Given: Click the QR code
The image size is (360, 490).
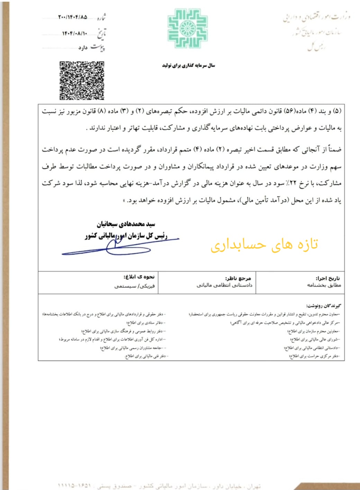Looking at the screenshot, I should coord(82,80).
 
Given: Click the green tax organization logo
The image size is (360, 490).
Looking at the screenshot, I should coord(188,28).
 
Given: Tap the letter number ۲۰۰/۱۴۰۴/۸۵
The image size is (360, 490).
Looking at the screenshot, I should coord(73,17).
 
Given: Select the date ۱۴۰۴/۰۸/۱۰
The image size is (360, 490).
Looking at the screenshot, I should coord(74,33).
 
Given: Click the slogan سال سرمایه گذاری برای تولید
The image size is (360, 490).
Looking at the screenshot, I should coord(189,65).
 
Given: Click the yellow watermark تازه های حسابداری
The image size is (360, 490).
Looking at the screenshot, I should coord(264,244).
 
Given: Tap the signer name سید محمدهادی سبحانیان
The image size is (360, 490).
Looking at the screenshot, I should coord(126,224).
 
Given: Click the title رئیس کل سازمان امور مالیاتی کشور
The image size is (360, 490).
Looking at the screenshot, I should coord(126,236).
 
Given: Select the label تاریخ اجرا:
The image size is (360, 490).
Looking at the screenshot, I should coord(327,278).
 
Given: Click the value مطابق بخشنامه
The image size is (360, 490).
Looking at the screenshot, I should coord(324,285).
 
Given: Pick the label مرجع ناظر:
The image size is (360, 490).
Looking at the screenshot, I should coord(238,278).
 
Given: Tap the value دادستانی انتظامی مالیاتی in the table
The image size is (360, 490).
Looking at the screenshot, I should coord(224,285).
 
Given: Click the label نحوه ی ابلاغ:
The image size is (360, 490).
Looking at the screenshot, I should coord(139,277).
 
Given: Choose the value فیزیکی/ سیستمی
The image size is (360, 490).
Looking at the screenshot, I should coord(134,286).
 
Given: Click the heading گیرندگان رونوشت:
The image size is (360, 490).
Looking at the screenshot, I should coord(323,305).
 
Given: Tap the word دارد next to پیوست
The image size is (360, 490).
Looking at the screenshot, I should coord(83,48).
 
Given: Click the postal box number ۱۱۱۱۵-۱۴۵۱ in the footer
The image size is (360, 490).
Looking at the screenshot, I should coord(74,485).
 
